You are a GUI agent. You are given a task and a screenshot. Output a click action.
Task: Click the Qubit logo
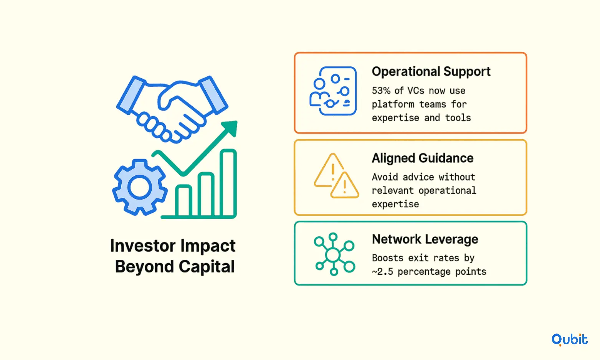tap(569, 340)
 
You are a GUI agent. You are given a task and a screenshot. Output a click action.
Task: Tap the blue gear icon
tap(140, 187)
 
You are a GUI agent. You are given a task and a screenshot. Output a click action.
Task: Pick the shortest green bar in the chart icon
tap(184, 201)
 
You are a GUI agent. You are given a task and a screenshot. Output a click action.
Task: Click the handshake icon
tap(172, 109)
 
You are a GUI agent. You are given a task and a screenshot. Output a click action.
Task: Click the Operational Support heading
tap(431, 71)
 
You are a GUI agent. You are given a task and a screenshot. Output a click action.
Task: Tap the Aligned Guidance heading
tap(422, 158)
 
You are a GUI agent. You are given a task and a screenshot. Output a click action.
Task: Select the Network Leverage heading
tap(425, 239)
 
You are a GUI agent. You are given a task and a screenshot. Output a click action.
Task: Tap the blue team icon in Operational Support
tap(333, 91)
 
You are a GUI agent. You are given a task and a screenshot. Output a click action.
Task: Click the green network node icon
tap(334, 254)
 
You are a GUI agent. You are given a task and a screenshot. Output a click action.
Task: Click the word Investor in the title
tap(143, 245)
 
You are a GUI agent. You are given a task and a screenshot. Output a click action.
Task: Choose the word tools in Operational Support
tap(458, 118)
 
